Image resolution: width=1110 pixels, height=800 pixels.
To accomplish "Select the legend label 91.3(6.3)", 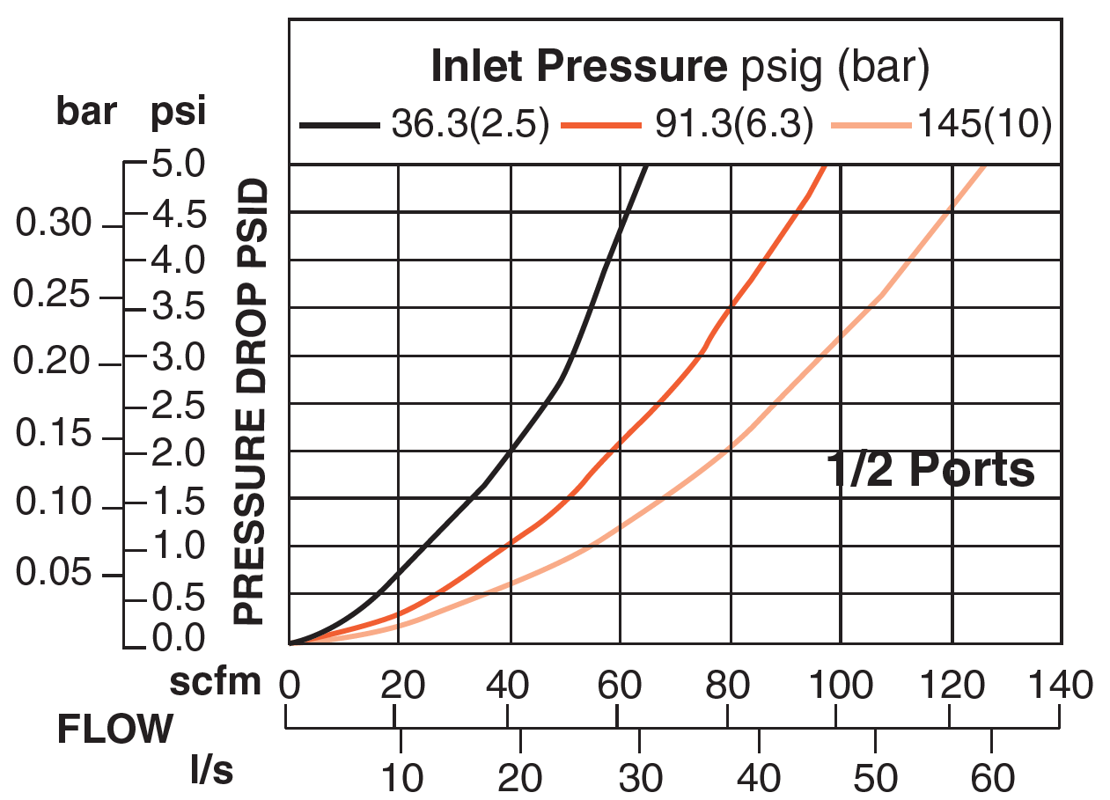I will (x=733, y=126).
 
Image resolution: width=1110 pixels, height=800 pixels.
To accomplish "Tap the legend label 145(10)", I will (x=984, y=126).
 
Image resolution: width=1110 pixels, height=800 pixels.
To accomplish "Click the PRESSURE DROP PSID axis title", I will (x=250, y=401).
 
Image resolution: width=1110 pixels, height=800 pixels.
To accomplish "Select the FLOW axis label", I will (x=115, y=730).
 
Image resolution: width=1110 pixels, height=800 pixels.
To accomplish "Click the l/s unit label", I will (x=212, y=771).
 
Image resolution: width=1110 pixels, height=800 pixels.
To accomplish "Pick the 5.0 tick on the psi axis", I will (x=179, y=165).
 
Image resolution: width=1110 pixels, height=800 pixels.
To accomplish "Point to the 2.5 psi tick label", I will (x=179, y=406).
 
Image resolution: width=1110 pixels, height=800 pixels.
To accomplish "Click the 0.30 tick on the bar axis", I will (x=53, y=225).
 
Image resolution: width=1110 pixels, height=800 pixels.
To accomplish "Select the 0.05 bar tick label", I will (x=53, y=573).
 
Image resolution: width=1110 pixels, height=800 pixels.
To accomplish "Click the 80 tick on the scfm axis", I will (x=729, y=683).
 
